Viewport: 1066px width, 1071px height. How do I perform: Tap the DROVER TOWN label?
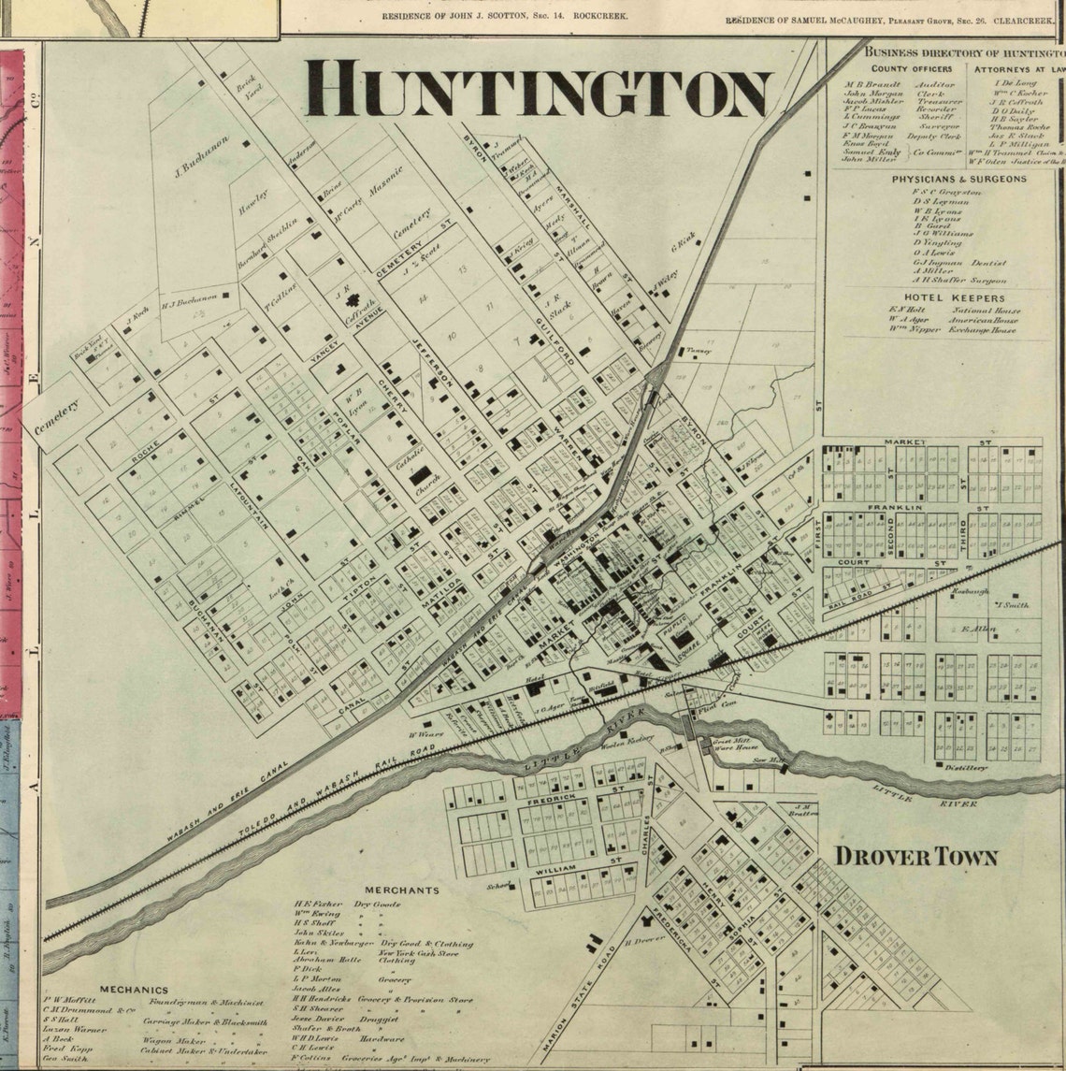pos(915,857)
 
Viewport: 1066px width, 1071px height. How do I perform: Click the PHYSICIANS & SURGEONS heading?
pos(958,179)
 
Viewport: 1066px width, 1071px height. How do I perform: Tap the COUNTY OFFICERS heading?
pos(912,69)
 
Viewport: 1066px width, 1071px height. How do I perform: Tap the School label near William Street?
pos(497,885)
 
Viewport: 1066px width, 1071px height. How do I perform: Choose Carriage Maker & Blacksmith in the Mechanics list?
pos(204,1022)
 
